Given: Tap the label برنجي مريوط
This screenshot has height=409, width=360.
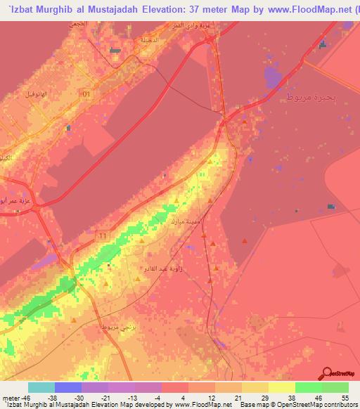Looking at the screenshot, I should [x=98, y=328].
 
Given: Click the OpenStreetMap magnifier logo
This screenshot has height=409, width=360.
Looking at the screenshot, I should [x=328, y=373].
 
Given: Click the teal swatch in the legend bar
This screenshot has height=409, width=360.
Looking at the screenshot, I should [x=41, y=387].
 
